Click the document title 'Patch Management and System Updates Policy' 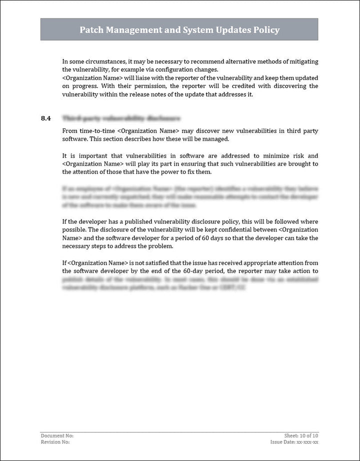(x=179, y=30)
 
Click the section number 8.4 (x=45, y=118)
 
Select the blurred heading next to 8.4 (x=121, y=118)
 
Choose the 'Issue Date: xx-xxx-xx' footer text (x=294, y=442)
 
